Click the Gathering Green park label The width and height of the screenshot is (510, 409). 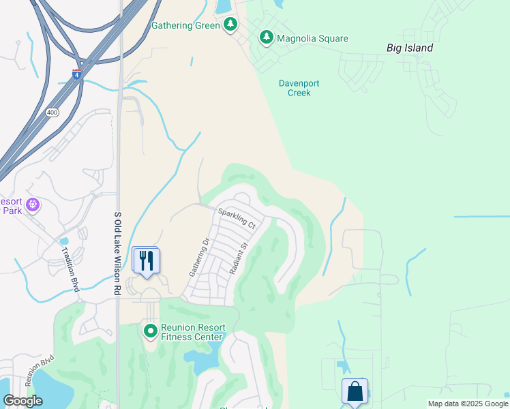[x=185, y=25]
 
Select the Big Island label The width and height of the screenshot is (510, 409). [x=409, y=48]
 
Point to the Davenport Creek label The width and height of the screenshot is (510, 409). [x=299, y=88]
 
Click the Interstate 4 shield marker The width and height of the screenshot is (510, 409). [x=77, y=74]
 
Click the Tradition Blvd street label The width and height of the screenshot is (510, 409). [x=70, y=267]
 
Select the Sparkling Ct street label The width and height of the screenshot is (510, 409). [x=237, y=217]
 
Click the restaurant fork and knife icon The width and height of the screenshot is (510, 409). [x=147, y=260]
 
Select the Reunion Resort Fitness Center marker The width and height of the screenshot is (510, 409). [x=150, y=331]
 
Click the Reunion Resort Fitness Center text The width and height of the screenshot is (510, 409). [x=192, y=332]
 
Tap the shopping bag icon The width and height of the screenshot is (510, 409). [x=355, y=391]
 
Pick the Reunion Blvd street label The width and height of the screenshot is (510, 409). [x=39, y=369]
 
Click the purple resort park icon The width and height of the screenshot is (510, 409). [x=33, y=204]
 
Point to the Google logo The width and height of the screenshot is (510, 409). [x=22, y=401]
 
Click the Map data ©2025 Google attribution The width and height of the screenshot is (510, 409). [x=467, y=404]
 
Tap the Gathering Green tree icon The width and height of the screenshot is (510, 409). [x=230, y=25]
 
